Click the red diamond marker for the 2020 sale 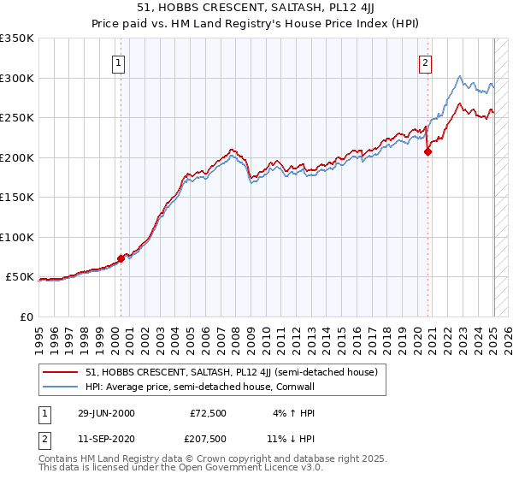click(428, 152)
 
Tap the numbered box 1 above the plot click(117, 62)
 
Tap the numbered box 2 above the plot click(425, 62)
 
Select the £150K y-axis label click(17, 197)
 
